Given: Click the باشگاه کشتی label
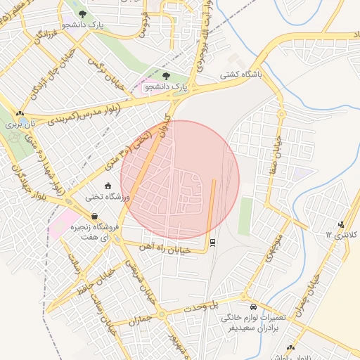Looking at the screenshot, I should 241,73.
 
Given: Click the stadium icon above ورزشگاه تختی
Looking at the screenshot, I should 107,186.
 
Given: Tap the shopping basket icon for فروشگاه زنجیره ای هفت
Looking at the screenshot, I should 95,217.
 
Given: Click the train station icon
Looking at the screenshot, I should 212,243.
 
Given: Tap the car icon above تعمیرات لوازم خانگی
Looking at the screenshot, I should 253,308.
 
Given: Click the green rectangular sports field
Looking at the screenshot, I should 245,215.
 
